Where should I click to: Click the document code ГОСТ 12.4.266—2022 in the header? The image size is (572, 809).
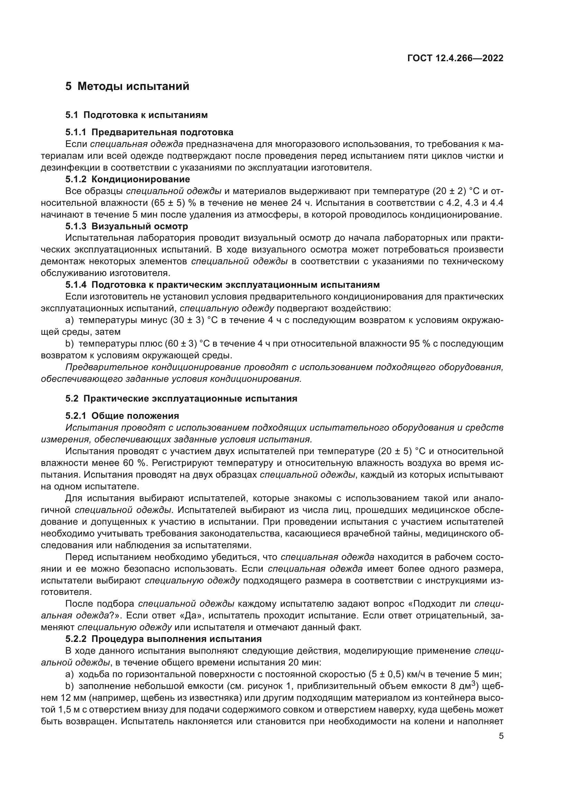[455, 58]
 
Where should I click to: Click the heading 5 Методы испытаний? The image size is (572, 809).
[127, 86]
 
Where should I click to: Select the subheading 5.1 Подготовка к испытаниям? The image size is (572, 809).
[136, 115]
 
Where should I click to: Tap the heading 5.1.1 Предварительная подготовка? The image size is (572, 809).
[149, 132]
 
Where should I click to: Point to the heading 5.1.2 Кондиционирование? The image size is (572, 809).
[128, 180]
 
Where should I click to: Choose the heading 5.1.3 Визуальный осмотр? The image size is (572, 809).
[127, 226]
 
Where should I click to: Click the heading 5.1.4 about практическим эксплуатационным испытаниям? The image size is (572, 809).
[222, 285]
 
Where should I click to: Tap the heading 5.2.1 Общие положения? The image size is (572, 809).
[122, 416]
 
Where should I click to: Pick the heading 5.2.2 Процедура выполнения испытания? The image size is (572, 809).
[164, 639]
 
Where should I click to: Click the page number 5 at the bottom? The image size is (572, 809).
[501, 736]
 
